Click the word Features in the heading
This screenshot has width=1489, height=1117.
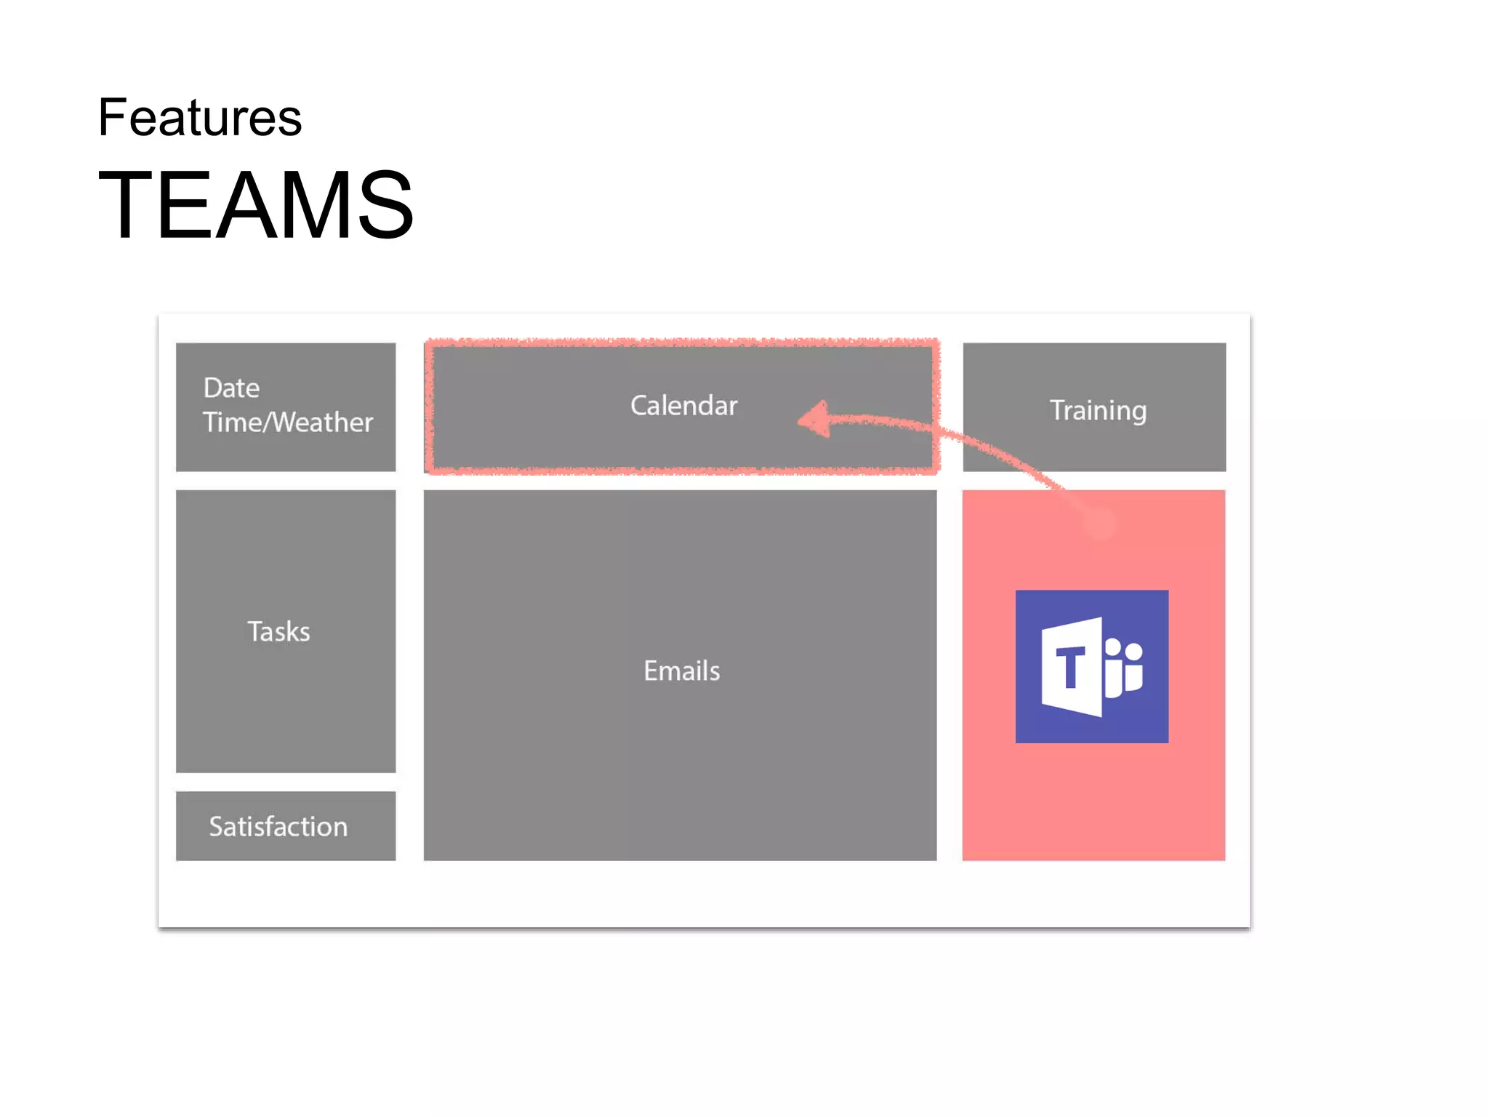200,118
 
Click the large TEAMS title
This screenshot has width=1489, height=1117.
256,204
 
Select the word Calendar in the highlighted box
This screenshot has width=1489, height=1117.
683,406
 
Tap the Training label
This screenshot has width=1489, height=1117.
1098,411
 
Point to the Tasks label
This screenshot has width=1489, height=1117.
278,631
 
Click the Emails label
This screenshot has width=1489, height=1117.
681,670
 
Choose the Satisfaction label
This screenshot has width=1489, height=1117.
278,827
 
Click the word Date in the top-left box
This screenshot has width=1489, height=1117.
231,388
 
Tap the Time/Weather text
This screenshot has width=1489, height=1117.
288,423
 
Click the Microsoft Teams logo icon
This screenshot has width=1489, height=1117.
1091,666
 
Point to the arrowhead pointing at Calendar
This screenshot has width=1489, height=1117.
814,419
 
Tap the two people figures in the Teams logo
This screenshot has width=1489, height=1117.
1123,666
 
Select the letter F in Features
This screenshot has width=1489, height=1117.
112,118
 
